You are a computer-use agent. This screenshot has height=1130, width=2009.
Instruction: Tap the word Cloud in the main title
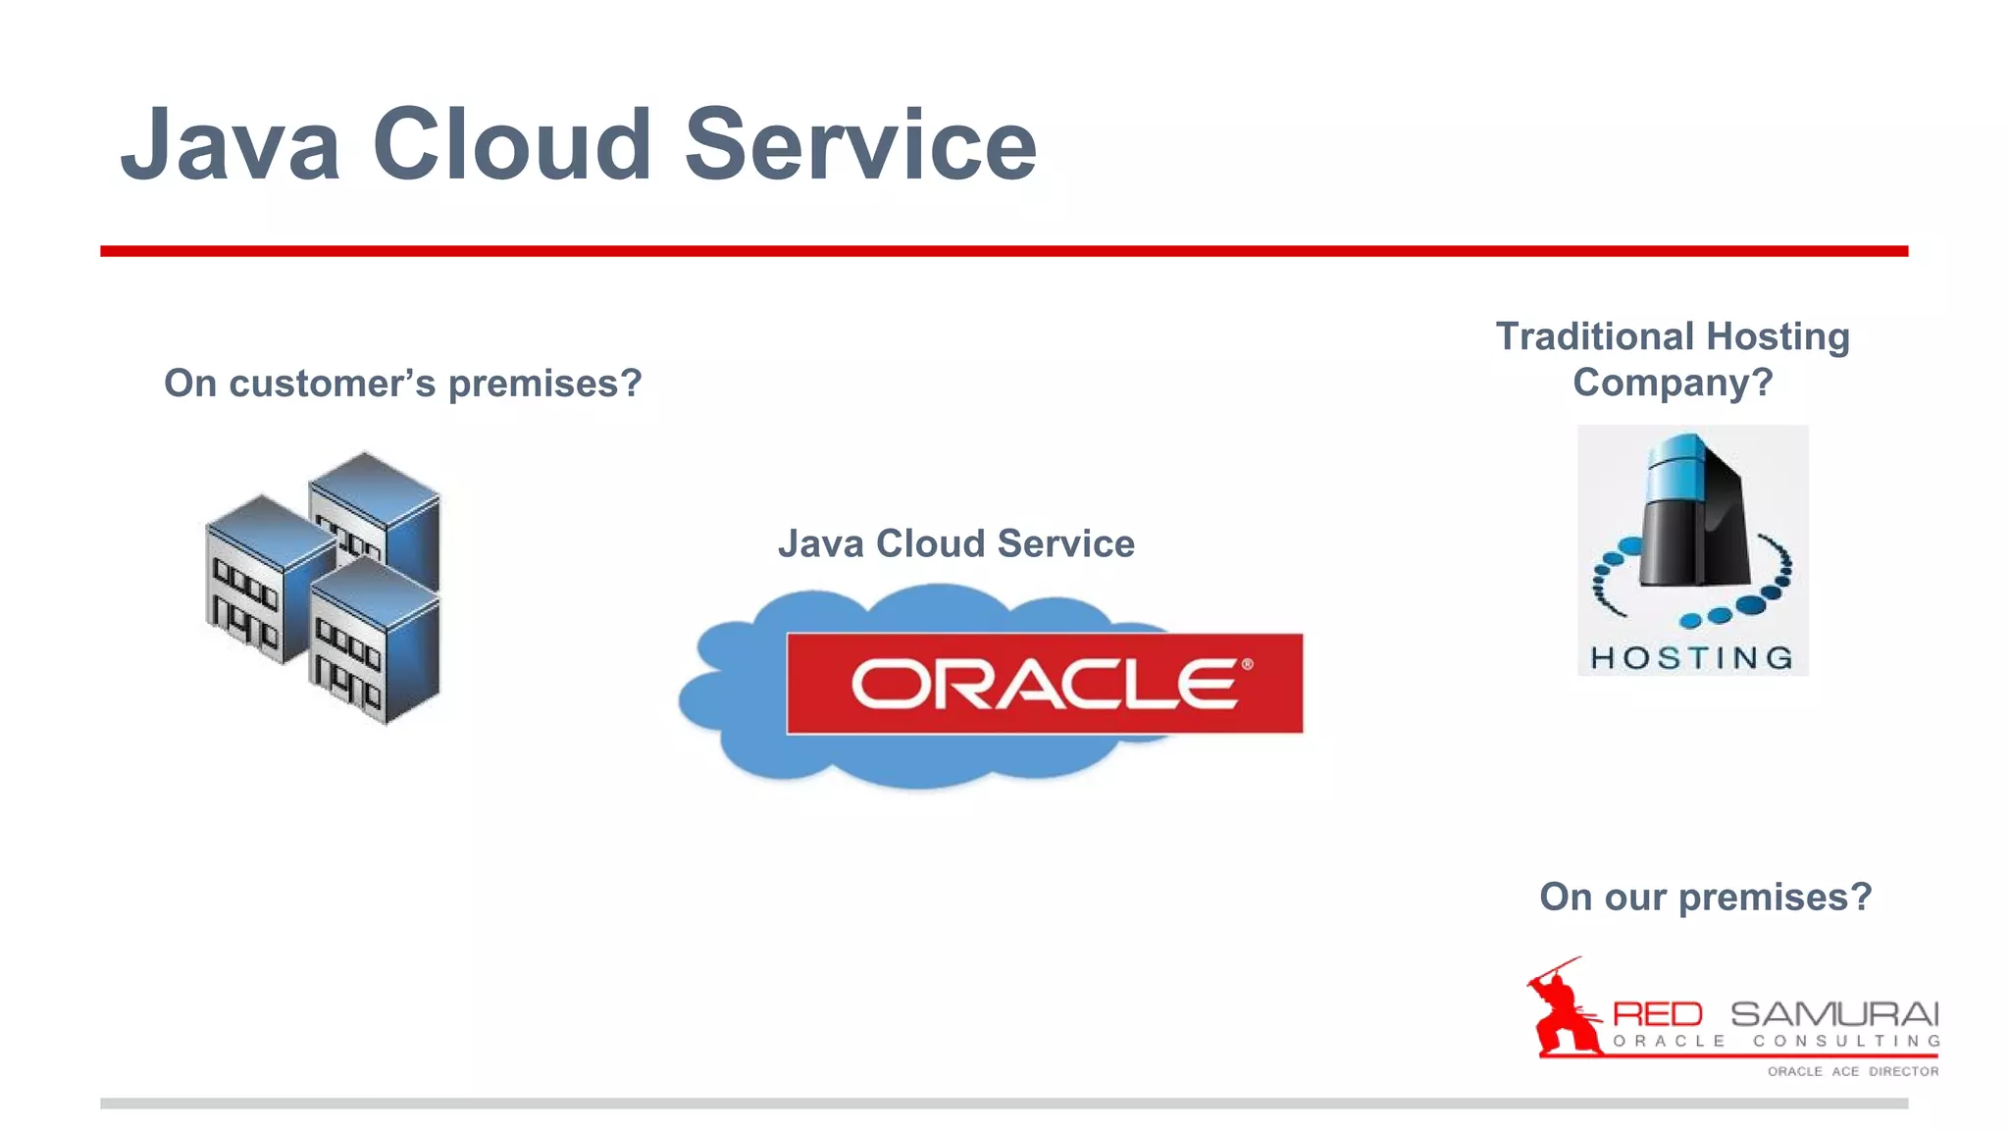click(x=511, y=145)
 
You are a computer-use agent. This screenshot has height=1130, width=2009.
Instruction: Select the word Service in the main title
click(x=859, y=145)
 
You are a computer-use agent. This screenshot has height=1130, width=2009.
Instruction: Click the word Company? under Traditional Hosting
click(x=1673, y=383)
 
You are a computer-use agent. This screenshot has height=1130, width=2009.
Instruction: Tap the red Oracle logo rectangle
click(x=1044, y=684)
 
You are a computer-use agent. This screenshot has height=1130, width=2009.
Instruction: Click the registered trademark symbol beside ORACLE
click(x=1247, y=664)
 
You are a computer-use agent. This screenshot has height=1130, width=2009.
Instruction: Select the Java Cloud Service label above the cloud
click(x=955, y=543)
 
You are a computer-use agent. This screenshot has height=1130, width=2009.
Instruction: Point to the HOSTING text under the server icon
click(x=1692, y=657)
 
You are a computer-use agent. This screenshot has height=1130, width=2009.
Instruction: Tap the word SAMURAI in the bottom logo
click(x=1833, y=1013)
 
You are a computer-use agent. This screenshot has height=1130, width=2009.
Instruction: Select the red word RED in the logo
click(x=1657, y=1013)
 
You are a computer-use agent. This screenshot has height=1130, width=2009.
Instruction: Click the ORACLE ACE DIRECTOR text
click(x=1852, y=1071)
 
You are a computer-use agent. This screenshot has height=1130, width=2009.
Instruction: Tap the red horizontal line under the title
click(x=1004, y=251)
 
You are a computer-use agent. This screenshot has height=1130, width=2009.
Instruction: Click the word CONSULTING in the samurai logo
click(x=1845, y=1041)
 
